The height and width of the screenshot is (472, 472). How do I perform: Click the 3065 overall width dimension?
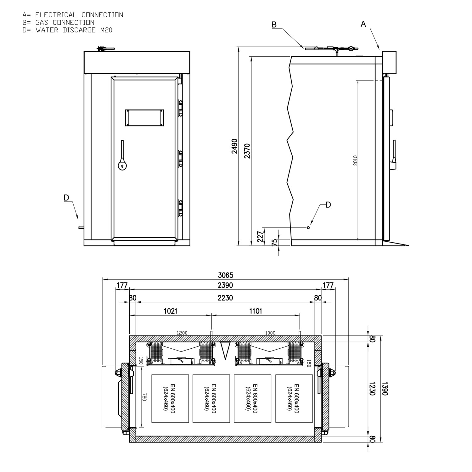pyautogui.click(x=226, y=275)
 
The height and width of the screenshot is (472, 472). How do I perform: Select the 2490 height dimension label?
pyautogui.click(x=234, y=146)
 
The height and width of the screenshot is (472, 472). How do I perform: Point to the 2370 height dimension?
pyautogui.click(x=247, y=151)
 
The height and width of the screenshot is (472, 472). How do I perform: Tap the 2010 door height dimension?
pyautogui.click(x=355, y=160)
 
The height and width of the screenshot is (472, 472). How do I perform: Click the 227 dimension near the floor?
pyautogui.click(x=260, y=236)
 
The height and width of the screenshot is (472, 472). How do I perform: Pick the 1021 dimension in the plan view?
pyautogui.click(x=171, y=311)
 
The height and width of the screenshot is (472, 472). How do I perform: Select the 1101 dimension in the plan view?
pyautogui.click(x=256, y=311)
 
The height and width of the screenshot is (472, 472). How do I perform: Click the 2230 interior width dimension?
pyautogui.click(x=225, y=298)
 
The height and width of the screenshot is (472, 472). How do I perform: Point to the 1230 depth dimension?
pyautogui.click(x=372, y=389)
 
